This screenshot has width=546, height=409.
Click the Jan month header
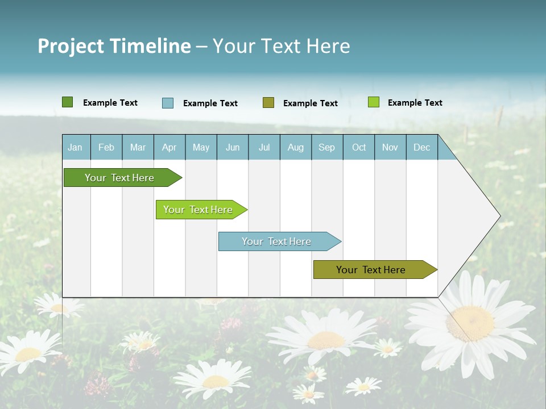click(x=75, y=147)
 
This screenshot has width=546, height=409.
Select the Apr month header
click(x=169, y=147)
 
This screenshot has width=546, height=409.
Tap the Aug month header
click(x=295, y=147)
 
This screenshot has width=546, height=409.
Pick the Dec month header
click(x=421, y=147)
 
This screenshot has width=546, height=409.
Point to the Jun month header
click(x=233, y=147)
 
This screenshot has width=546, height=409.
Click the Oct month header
click(x=359, y=147)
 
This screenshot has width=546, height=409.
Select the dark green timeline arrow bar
click(x=120, y=178)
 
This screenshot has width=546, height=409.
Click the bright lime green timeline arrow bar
click(x=198, y=210)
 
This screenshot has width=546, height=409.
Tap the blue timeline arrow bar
click(x=277, y=241)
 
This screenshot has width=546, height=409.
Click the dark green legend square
click(x=67, y=102)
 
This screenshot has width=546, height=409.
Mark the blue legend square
click(x=168, y=103)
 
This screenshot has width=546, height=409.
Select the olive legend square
click(x=268, y=102)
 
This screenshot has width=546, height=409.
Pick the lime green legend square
click(x=373, y=102)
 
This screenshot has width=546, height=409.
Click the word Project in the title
click(x=71, y=46)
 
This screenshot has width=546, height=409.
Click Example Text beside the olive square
click(x=310, y=103)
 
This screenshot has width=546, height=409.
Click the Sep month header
click(x=326, y=147)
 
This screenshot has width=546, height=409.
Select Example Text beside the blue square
click(x=210, y=103)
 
